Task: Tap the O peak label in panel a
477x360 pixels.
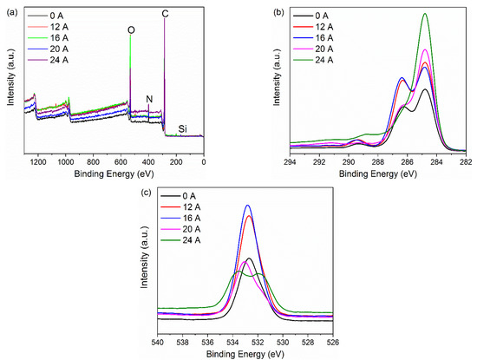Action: [130, 30]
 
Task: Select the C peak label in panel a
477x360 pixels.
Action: [166, 15]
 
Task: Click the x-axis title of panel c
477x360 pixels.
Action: [245, 352]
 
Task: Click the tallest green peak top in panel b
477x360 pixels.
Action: [425, 14]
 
